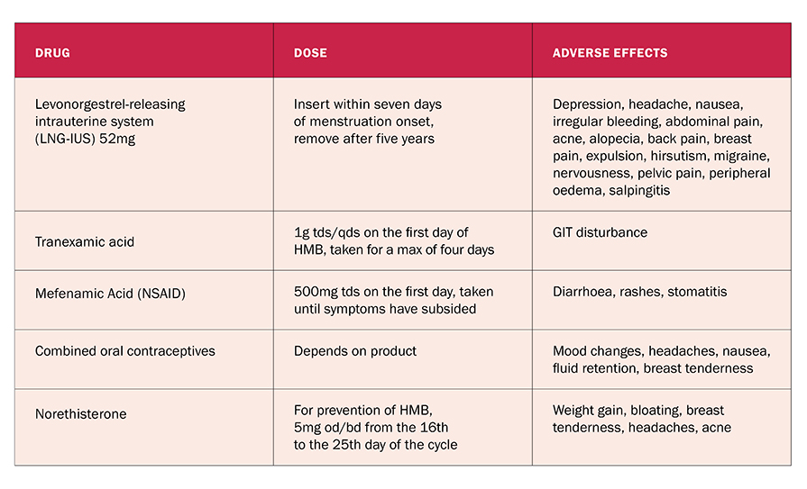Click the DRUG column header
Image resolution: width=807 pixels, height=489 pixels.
[x=52, y=53]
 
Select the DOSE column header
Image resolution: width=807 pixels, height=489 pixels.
[x=310, y=53]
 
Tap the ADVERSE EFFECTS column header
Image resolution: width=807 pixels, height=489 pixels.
[x=610, y=53]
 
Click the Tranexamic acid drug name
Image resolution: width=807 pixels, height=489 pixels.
[x=85, y=241]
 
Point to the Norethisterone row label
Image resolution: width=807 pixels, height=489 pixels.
[x=81, y=414]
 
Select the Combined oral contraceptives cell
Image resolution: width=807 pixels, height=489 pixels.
[x=125, y=351]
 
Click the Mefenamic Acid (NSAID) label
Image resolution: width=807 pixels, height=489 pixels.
[x=110, y=294]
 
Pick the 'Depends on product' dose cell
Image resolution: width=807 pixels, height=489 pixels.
[x=355, y=351]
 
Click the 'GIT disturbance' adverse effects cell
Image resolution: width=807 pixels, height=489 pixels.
[x=601, y=232]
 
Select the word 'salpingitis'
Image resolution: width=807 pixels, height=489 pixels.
[x=639, y=191]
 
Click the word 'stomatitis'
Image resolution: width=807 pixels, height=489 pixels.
[x=697, y=292]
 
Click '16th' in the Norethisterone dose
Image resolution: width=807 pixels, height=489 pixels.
[x=434, y=427]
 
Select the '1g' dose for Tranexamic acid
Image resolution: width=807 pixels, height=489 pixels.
[x=300, y=233]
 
